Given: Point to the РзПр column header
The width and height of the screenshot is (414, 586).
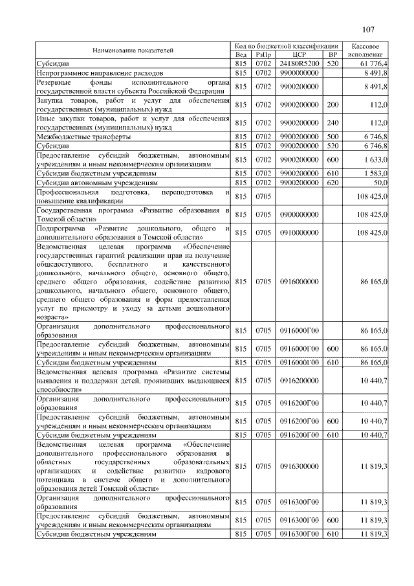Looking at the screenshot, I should pos(264,55).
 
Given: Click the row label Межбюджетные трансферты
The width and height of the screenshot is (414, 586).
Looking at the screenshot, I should pos(85,137).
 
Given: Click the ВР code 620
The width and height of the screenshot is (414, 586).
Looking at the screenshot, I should pos(333,183).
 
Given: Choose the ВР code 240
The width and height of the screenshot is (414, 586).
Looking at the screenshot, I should pos(333,124).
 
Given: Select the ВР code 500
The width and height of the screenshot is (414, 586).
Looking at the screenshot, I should pos(333,137).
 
